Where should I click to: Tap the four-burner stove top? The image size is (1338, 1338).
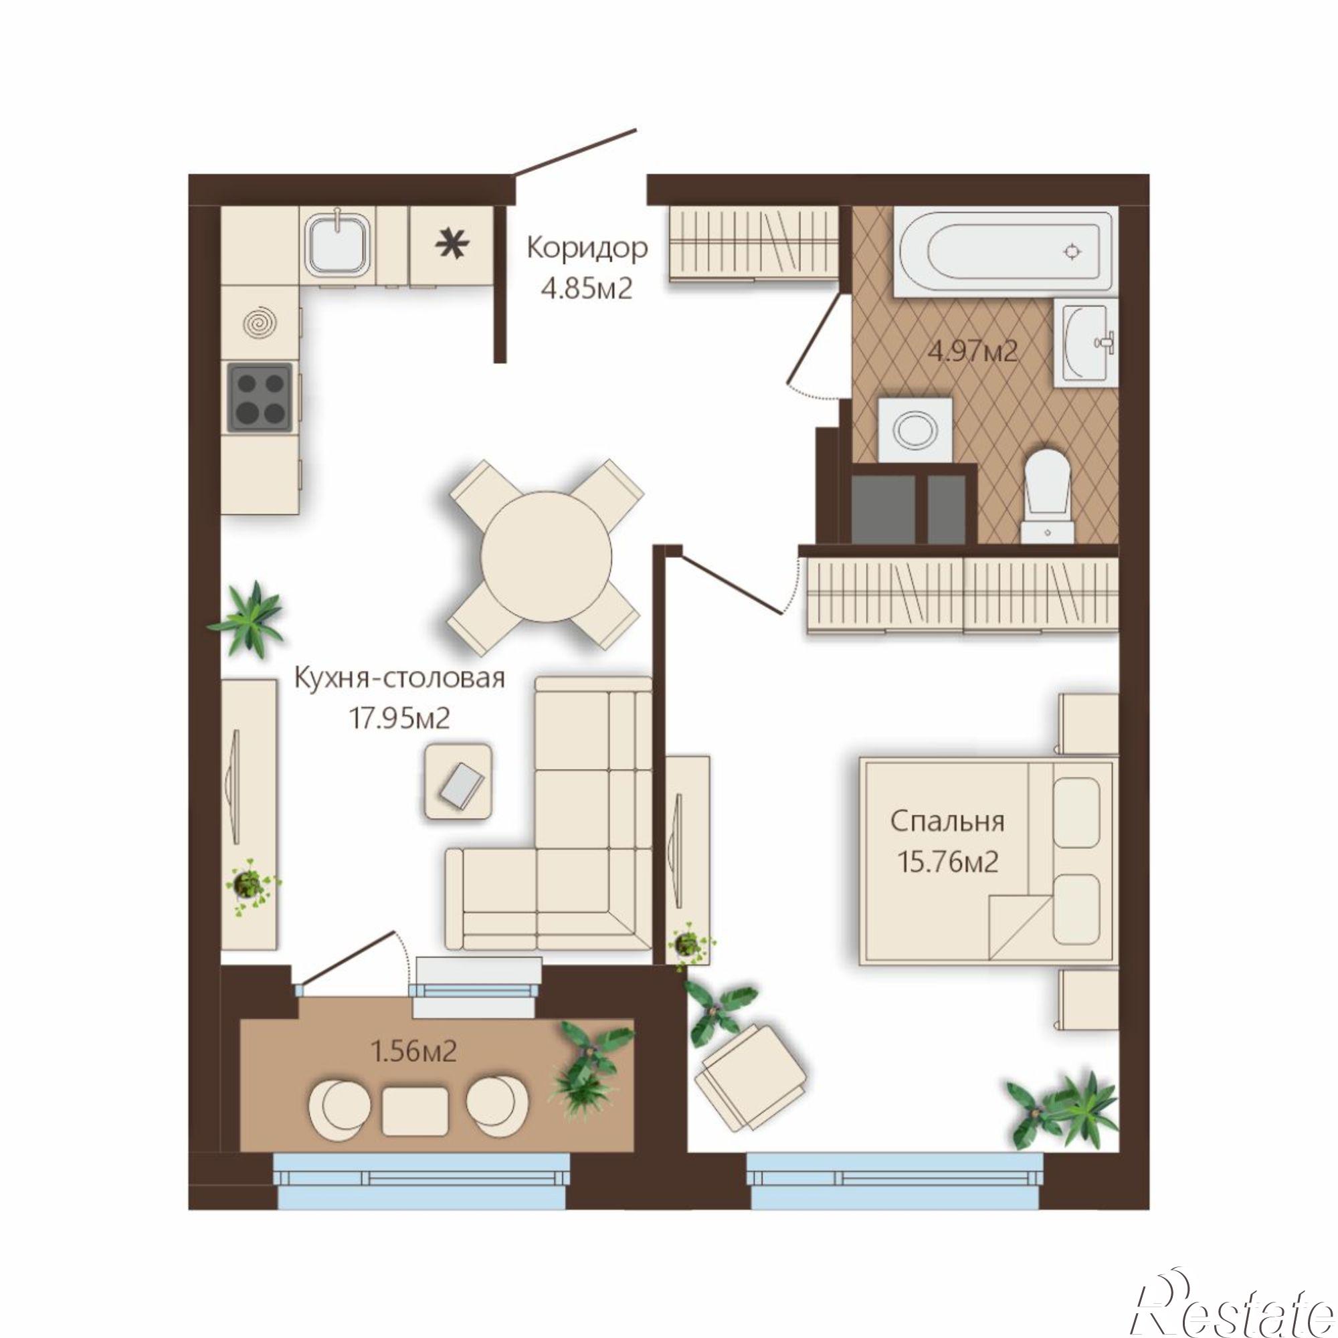260,397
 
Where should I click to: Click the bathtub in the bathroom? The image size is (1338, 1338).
1004,252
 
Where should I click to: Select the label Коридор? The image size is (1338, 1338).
587,248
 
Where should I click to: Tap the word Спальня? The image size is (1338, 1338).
947,822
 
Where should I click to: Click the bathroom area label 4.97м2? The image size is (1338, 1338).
973,353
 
